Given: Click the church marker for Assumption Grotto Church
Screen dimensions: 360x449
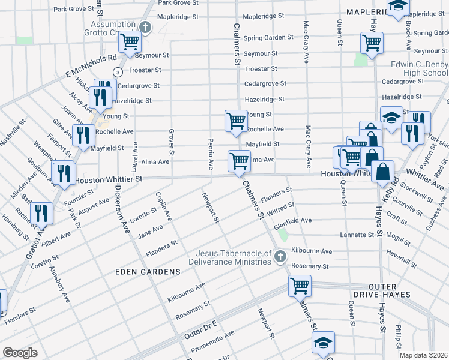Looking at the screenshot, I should click(x=145, y=27).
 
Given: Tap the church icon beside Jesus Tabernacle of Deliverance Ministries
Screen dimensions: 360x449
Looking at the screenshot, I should click(x=279, y=257).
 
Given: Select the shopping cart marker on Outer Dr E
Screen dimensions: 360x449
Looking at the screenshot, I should click(x=299, y=286).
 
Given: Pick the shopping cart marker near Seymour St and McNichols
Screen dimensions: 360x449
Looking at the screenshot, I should click(x=129, y=43).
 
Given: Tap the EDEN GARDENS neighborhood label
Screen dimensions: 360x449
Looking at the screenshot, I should click(x=148, y=272).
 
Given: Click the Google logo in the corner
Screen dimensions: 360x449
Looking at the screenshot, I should click(x=20, y=353).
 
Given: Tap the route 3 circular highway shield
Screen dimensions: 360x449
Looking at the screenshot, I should click(x=118, y=72).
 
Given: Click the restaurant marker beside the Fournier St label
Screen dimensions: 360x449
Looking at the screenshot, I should click(x=63, y=173).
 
